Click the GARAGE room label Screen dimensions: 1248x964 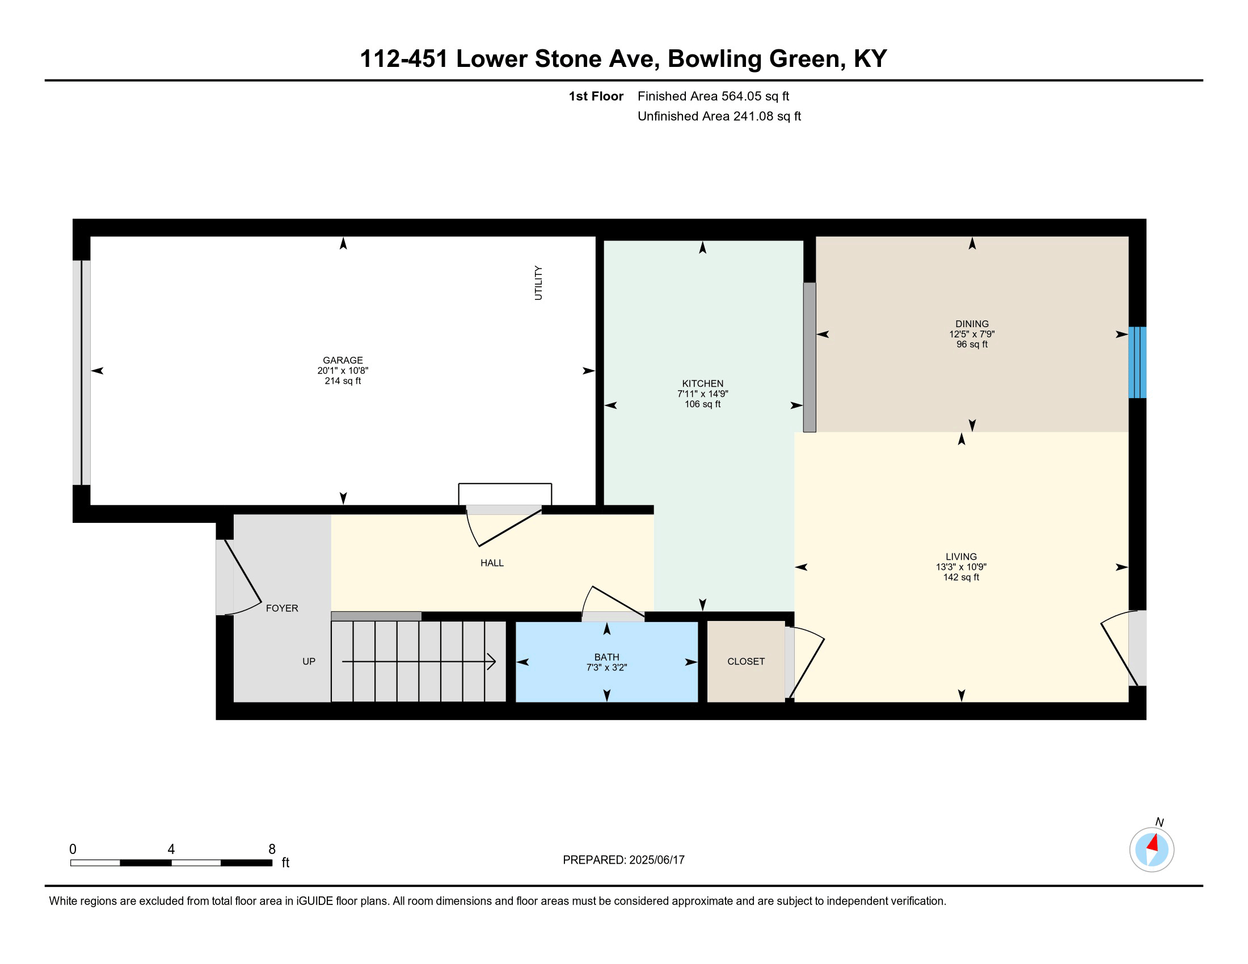pos(343,360)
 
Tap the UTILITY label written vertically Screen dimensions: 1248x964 pos(538,283)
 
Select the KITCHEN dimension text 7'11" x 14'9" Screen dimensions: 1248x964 pos(703,394)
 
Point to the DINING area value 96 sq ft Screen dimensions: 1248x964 pos(972,344)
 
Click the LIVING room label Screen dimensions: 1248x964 pos(961,557)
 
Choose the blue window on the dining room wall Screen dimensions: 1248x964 pos(1137,362)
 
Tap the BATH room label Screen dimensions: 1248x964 pos(607,657)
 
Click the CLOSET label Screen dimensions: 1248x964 pos(746,661)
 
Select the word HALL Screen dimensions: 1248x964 pos(492,563)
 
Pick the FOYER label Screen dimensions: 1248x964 pos(282,608)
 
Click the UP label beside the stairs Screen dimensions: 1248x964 pos(309,661)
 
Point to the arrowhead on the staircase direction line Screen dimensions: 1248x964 pos(491,661)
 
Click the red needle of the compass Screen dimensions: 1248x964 pos(1153,843)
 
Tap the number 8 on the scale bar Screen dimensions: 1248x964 pos(272,849)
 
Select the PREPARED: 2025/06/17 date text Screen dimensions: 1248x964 pos(623,860)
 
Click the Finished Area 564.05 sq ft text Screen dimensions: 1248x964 pos(713,96)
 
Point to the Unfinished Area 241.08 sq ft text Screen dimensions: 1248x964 pos(719,116)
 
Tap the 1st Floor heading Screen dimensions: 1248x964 pos(596,96)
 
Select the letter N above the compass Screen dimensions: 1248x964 pos(1160,822)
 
